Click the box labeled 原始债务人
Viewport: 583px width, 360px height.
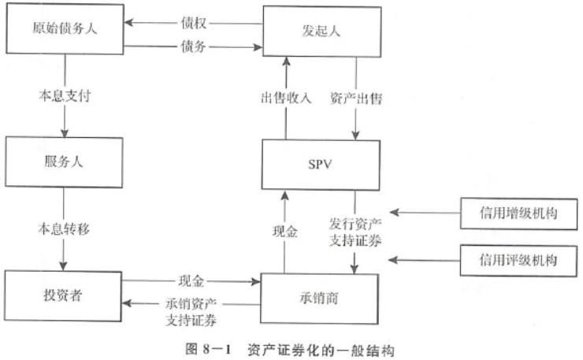(64, 30)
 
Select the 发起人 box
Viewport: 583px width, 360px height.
(321, 32)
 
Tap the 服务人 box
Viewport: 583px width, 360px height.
(64, 165)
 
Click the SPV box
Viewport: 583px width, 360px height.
(321, 165)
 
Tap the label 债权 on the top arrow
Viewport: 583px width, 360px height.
(193, 24)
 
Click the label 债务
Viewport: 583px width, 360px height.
(193, 48)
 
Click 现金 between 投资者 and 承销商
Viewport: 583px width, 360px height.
(191, 280)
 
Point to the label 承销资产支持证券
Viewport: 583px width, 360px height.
(191, 312)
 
